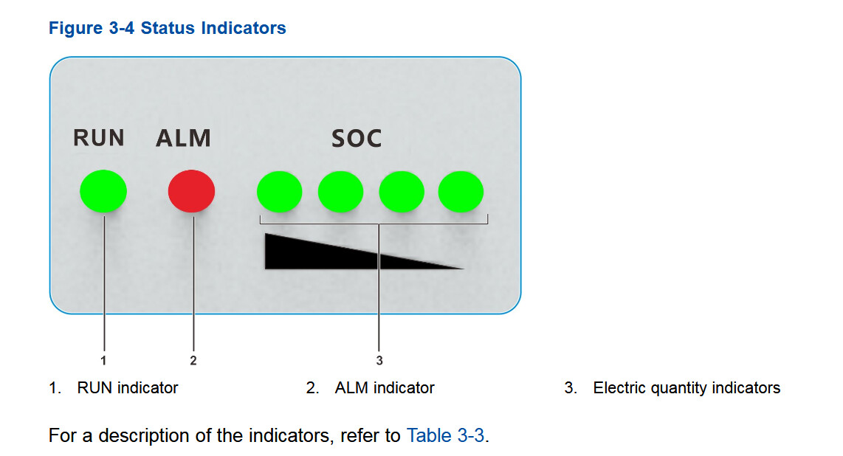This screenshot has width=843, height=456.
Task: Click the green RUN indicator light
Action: tap(103, 191)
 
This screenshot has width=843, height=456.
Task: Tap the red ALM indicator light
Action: tap(191, 191)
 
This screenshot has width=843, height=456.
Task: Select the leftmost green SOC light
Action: tap(280, 192)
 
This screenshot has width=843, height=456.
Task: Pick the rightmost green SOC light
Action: tap(461, 192)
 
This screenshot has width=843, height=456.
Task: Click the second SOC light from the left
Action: tap(340, 192)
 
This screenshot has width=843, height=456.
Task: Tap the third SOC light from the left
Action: tap(402, 192)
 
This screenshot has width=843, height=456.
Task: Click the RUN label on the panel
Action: tap(99, 138)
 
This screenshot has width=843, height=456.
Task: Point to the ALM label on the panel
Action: tap(183, 139)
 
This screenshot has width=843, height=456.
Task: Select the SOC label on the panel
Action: tap(357, 139)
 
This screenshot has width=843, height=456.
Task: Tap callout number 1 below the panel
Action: tap(104, 360)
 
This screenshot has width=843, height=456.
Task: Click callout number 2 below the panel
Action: tap(193, 360)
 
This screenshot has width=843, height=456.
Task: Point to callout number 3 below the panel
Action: tap(379, 360)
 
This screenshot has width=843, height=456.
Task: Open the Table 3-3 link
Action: tap(445, 435)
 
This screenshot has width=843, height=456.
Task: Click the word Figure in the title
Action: tap(76, 28)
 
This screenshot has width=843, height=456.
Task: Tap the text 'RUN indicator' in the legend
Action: tap(128, 388)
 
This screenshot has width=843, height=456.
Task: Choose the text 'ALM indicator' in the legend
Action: tap(385, 388)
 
